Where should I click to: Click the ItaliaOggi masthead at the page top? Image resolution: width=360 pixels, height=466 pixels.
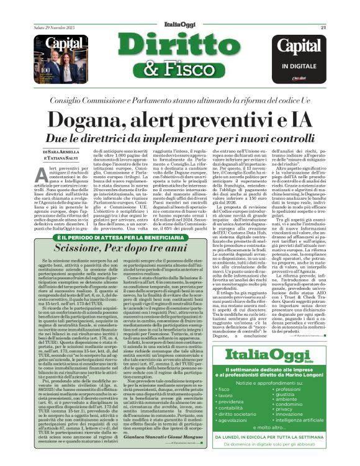tap(180, 8)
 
